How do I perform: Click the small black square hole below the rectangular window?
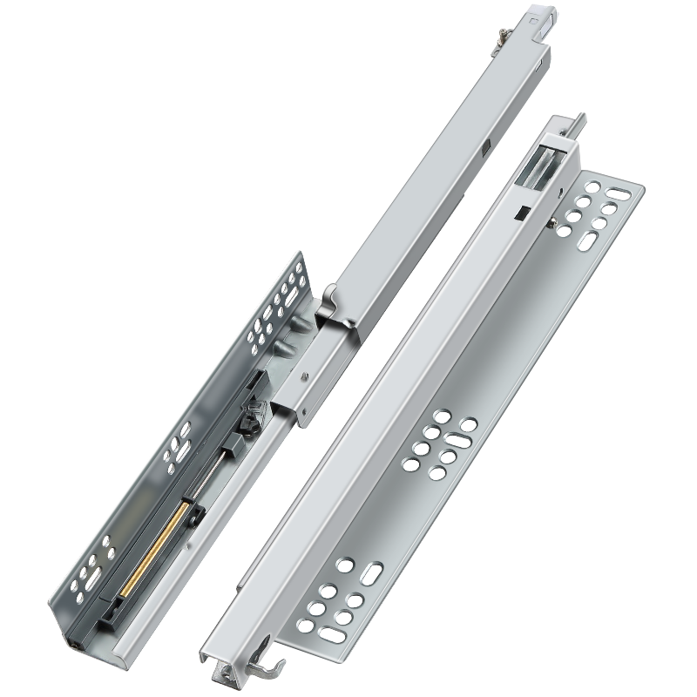tap(519, 212)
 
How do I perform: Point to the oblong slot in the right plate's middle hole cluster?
tap(468, 426)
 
